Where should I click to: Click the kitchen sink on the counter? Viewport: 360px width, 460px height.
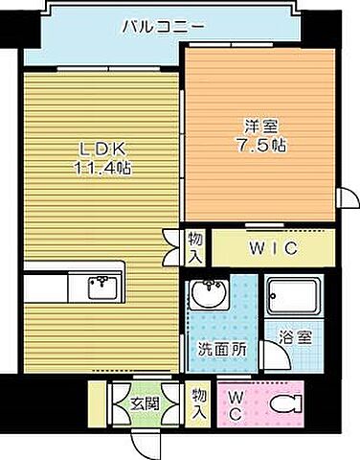100,285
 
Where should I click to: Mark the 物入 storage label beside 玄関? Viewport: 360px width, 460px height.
198,402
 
